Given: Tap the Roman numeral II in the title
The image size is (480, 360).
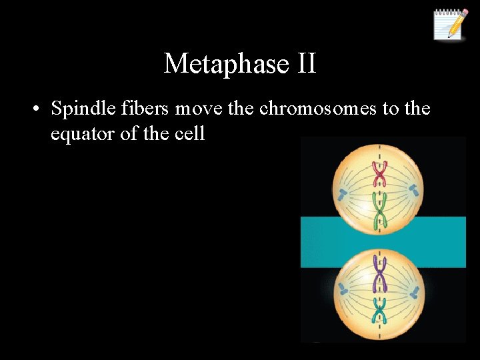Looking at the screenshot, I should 303,64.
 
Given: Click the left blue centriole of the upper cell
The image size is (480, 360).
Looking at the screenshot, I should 343,195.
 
